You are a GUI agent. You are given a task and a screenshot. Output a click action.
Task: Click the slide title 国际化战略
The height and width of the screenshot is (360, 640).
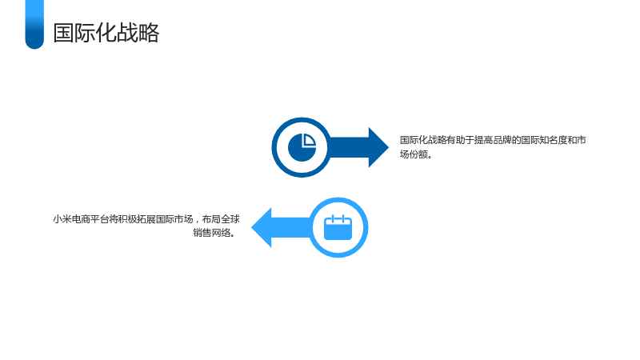(x=106, y=33)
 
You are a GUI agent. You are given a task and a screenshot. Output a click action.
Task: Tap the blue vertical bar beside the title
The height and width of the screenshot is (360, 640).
(x=34, y=25)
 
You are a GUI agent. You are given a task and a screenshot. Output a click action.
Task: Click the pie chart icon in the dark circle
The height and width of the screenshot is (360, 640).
(x=302, y=147)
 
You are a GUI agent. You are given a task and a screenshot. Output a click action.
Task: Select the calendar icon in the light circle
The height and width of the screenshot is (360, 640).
(x=338, y=227)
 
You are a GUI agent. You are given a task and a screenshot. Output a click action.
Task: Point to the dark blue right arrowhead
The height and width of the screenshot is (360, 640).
(x=378, y=147)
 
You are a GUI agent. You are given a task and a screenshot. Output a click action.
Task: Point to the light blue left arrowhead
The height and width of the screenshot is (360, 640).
(x=262, y=227)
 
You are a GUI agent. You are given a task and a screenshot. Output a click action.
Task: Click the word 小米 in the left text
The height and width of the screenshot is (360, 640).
(x=62, y=219)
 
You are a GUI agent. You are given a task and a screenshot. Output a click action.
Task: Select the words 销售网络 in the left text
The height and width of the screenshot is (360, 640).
(x=212, y=233)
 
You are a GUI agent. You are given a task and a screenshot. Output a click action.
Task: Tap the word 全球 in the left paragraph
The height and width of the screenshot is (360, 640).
(x=230, y=219)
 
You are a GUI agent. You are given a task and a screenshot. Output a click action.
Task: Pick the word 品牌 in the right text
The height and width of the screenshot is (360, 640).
(x=502, y=140)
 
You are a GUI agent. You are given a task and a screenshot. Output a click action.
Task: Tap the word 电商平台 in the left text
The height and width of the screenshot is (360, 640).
(x=90, y=219)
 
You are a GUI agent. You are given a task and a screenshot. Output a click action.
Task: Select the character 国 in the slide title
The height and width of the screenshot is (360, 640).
(x=64, y=33)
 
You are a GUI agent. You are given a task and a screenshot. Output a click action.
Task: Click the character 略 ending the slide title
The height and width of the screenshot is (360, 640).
(x=149, y=33)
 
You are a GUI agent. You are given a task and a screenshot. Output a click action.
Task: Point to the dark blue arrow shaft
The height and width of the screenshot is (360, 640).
(x=349, y=147)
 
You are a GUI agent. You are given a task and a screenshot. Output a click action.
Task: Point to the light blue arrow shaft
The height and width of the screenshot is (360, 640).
(x=291, y=227)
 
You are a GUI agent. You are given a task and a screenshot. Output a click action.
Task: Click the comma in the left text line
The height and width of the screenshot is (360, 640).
(x=198, y=221)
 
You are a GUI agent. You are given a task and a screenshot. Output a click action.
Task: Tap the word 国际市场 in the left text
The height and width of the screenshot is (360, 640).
(x=174, y=219)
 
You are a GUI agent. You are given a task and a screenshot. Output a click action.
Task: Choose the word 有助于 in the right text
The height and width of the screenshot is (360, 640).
(x=460, y=140)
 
